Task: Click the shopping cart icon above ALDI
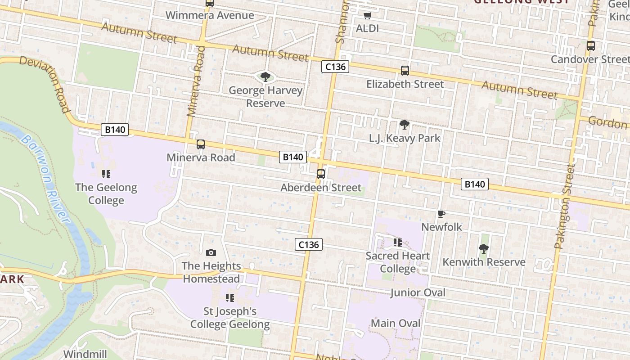(x=367, y=16)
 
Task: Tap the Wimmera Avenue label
(x=210, y=15)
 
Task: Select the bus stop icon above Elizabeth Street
(x=405, y=71)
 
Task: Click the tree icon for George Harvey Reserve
(x=265, y=76)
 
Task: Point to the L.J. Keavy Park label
(x=405, y=138)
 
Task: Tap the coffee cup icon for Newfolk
(x=441, y=214)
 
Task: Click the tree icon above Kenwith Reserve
(x=484, y=248)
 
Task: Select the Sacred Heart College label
(x=397, y=262)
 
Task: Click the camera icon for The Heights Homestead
(x=211, y=253)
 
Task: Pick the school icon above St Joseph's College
(x=230, y=298)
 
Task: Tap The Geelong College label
(x=106, y=194)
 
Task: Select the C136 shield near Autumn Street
(x=336, y=67)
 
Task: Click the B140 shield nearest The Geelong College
(x=114, y=130)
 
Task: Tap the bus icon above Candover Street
(x=590, y=46)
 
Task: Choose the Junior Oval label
(x=418, y=293)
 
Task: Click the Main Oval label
(x=396, y=324)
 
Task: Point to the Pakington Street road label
(x=565, y=207)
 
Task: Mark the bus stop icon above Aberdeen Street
(x=321, y=174)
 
